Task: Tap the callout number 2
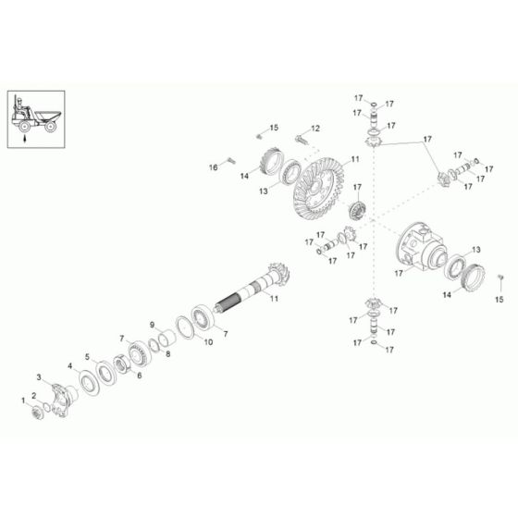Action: (x=34, y=395)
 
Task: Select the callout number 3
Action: (x=39, y=378)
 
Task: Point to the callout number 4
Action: (x=68, y=365)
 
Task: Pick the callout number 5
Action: (x=88, y=356)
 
